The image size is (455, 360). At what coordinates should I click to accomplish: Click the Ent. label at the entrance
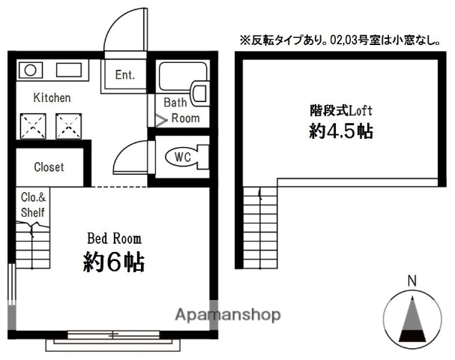pos(124,74)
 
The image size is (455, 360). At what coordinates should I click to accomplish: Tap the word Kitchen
pos(52,98)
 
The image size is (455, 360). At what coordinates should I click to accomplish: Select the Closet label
pos(49,167)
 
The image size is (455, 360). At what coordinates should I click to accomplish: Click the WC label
pos(182,157)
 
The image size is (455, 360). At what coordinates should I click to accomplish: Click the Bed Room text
pos(114,238)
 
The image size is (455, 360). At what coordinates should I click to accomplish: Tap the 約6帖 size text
pos(114,262)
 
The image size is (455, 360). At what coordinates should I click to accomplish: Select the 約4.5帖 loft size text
pos(341,131)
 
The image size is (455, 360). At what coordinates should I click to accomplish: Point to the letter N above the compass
pos(411,281)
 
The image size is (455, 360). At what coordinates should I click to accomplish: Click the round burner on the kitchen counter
pos(31,71)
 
